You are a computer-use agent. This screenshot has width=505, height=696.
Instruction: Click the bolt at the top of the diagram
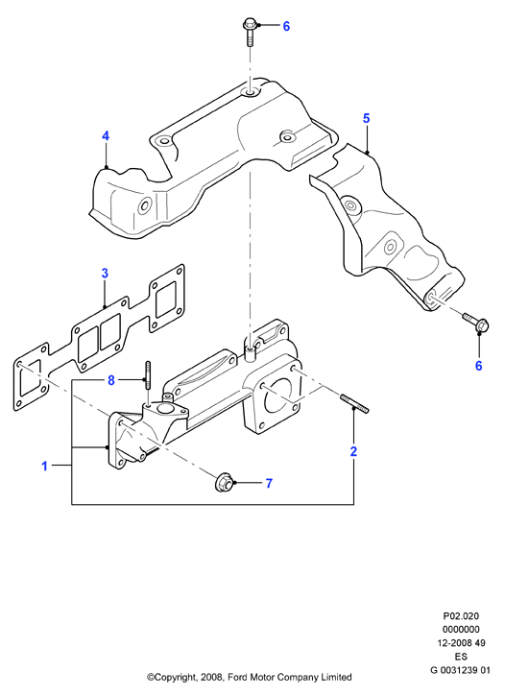[249, 32]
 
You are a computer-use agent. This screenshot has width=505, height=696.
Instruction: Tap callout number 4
[106, 135]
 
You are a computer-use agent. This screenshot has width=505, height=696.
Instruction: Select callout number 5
[366, 118]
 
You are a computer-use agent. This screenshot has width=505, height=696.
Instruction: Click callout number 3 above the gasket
[105, 273]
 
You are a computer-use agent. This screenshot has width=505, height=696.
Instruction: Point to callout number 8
[111, 380]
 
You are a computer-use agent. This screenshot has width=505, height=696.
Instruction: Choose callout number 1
[44, 466]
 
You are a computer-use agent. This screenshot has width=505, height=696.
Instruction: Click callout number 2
[353, 451]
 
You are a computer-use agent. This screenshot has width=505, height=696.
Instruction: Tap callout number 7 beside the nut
[269, 483]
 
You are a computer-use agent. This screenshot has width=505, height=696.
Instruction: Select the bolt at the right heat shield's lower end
[475, 323]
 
